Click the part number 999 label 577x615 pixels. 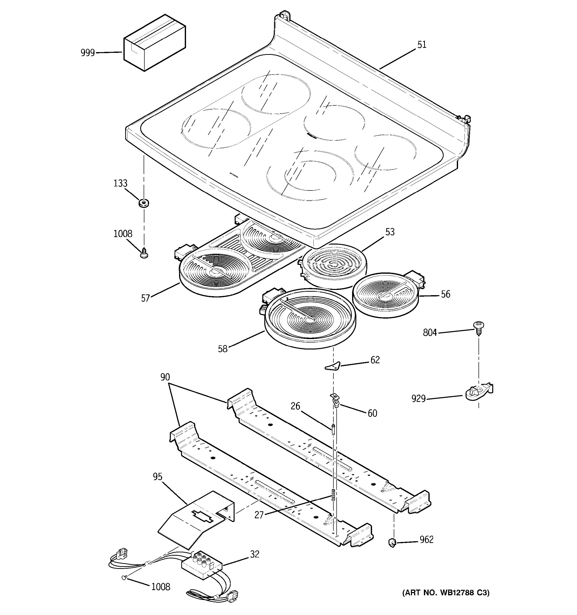point(88,53)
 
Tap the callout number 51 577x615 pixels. point(422,45)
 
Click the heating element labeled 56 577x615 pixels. point(385,294)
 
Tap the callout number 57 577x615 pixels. point(145,298)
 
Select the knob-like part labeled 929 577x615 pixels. point(478,392)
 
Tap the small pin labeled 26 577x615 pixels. point(333,430)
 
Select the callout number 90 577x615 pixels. point(165,377)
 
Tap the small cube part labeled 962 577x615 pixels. point(392,542)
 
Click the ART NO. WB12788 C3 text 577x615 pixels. point(446,593)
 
